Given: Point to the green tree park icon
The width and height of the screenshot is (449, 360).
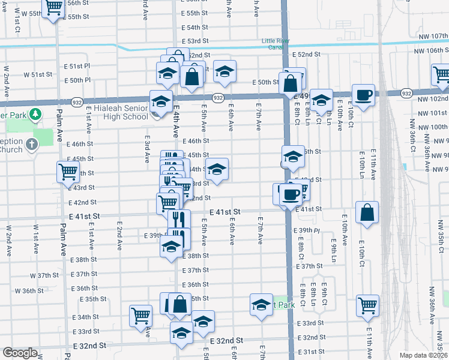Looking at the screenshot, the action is (35, 113).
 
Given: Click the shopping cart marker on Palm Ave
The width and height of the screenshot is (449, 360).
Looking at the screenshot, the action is (68, 172).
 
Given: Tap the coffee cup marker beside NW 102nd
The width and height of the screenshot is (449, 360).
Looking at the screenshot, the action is (364, 95).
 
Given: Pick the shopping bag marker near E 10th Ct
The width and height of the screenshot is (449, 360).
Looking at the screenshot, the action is (367, 212).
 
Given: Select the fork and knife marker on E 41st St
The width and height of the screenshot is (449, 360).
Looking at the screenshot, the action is (178, 219).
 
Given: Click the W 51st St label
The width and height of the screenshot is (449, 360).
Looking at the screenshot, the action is (38, 74).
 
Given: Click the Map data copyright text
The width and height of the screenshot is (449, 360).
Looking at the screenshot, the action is (424, 355).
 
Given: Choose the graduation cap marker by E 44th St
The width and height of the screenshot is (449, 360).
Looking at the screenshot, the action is (217, 169).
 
